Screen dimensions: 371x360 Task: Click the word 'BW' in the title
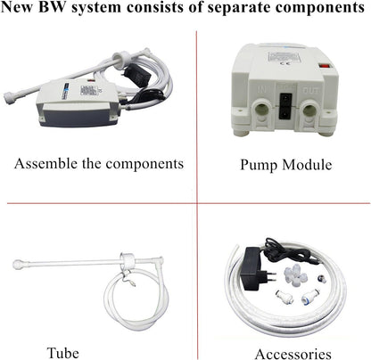tap(53, 7)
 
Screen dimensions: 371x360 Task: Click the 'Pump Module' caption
tap(286, 165)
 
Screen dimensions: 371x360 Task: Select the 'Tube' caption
tap(63, 353)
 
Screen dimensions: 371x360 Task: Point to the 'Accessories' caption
tap(293, 354)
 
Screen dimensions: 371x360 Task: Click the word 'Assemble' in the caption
tap(45, 163)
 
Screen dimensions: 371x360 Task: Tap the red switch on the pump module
tap(326, 67)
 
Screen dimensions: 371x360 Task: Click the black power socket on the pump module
tap(285, 105)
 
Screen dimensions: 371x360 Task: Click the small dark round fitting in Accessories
tap(320, 279)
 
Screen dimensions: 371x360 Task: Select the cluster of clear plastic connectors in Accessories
tap(295, 275)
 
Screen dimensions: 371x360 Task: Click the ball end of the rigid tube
tap(18, 264)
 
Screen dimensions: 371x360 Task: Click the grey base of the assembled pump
tap(77, 118)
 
